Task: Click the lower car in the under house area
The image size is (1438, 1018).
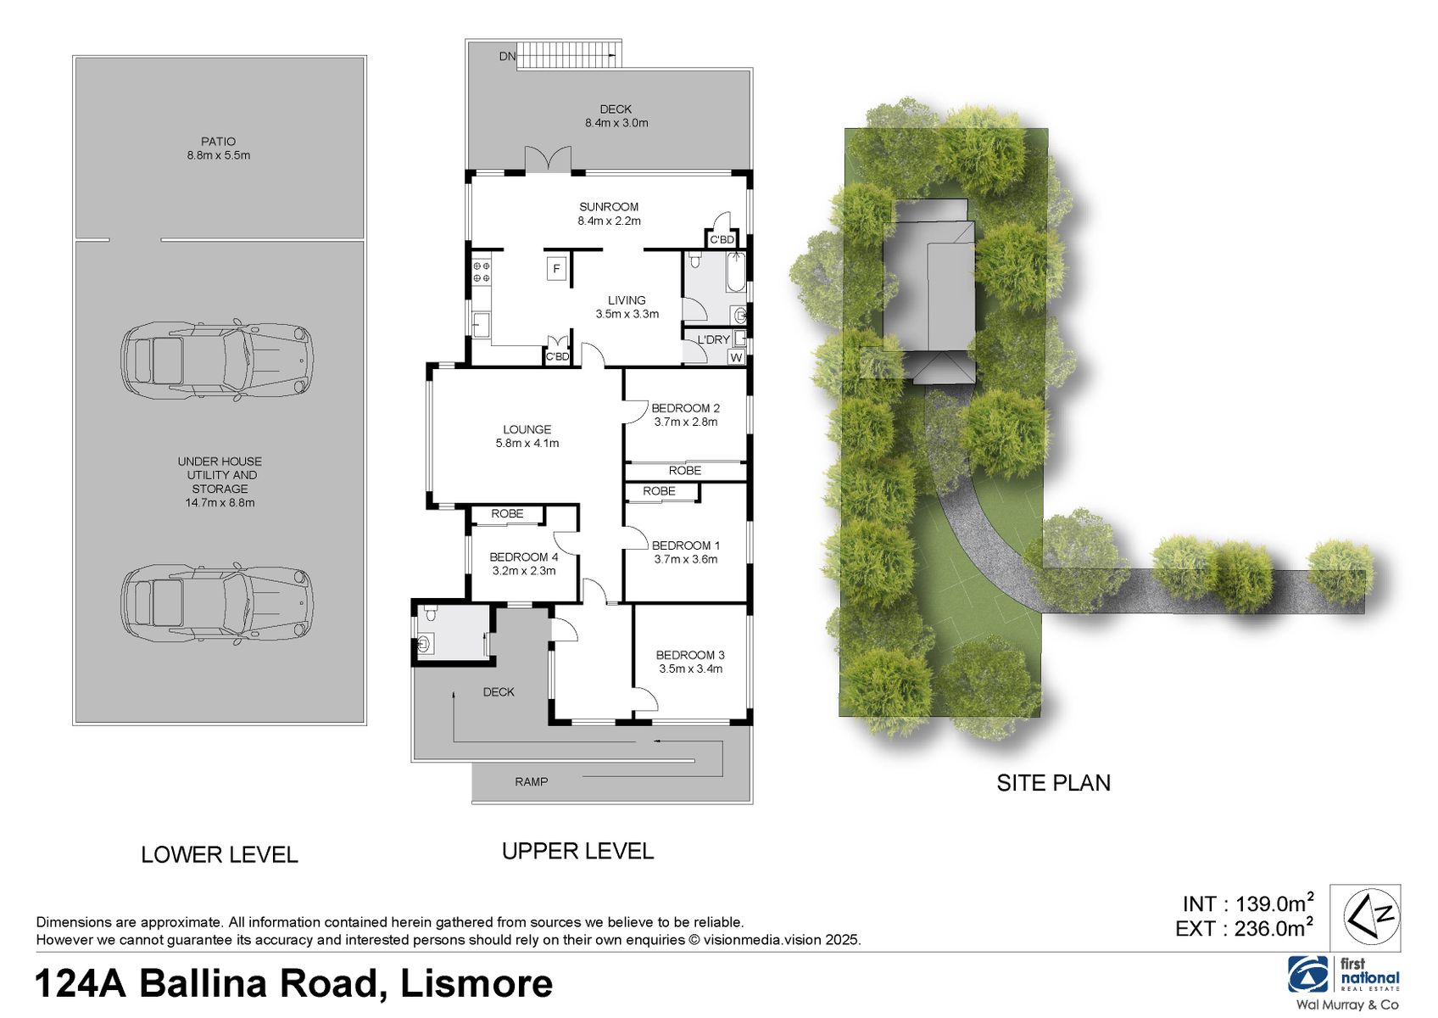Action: point(217,603)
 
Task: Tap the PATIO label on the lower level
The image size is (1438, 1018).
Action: point(218,142)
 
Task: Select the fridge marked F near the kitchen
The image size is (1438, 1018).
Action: point(557,270)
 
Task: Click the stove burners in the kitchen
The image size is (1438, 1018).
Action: point(481,271)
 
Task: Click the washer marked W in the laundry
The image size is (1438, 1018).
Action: point(736,358)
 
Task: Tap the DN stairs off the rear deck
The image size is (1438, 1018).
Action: point(566,54)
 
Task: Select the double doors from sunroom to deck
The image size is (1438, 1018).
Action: point(548,161)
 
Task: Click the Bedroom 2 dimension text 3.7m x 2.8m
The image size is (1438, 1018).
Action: point(685,422)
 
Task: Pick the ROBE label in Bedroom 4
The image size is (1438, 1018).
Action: point(507,513)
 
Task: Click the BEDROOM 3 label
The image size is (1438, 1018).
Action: point(690,655)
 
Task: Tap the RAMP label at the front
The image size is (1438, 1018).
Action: point(531,781)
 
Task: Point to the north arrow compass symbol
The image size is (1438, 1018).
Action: point(1365,917)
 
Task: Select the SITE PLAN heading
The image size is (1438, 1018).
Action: point(1053,782)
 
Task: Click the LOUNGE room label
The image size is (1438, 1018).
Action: point(527,429)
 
